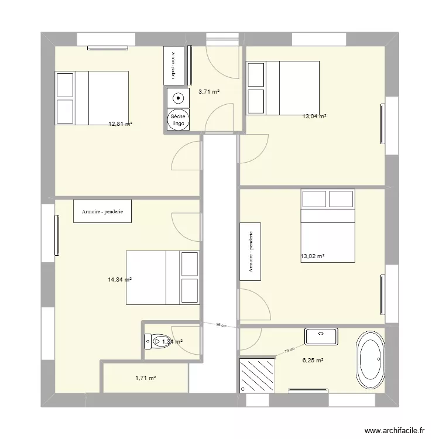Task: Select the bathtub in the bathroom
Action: (371, 358)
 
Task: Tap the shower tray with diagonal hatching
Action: (257, 375)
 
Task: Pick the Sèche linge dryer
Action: (177, 120)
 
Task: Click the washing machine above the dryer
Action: (177, 98)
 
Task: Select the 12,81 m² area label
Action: (120, 124)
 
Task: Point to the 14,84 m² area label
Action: (119, 280)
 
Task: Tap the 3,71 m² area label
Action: (208, 91)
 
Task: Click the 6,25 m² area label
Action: (312, 361)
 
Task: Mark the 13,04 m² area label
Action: (314, 116)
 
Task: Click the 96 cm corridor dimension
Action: (221, 324)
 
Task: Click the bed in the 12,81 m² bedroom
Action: (91, 98)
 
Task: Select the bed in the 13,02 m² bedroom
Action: (328, 225)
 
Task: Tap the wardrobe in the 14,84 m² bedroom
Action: (102, 211)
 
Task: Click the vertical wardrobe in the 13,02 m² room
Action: (250, 251)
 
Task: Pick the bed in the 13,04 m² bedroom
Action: (282, 88)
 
